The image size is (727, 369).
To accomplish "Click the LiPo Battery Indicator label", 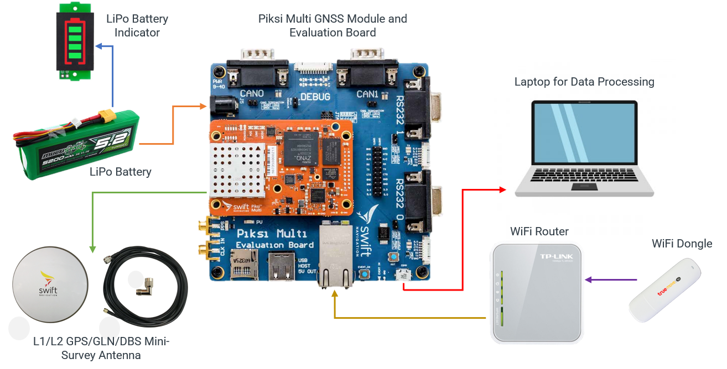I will [137, 25].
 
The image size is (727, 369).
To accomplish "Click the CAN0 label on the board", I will [252, 93].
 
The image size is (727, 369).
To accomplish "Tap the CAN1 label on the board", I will [367, 94].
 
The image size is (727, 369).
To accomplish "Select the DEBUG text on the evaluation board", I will [315, 97].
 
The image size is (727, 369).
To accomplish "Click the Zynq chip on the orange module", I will [302, 148].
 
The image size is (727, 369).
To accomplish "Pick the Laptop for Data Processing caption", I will [584, 82].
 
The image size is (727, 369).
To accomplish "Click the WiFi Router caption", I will [539, 231].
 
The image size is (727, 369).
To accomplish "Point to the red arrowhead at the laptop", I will [502, 190].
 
